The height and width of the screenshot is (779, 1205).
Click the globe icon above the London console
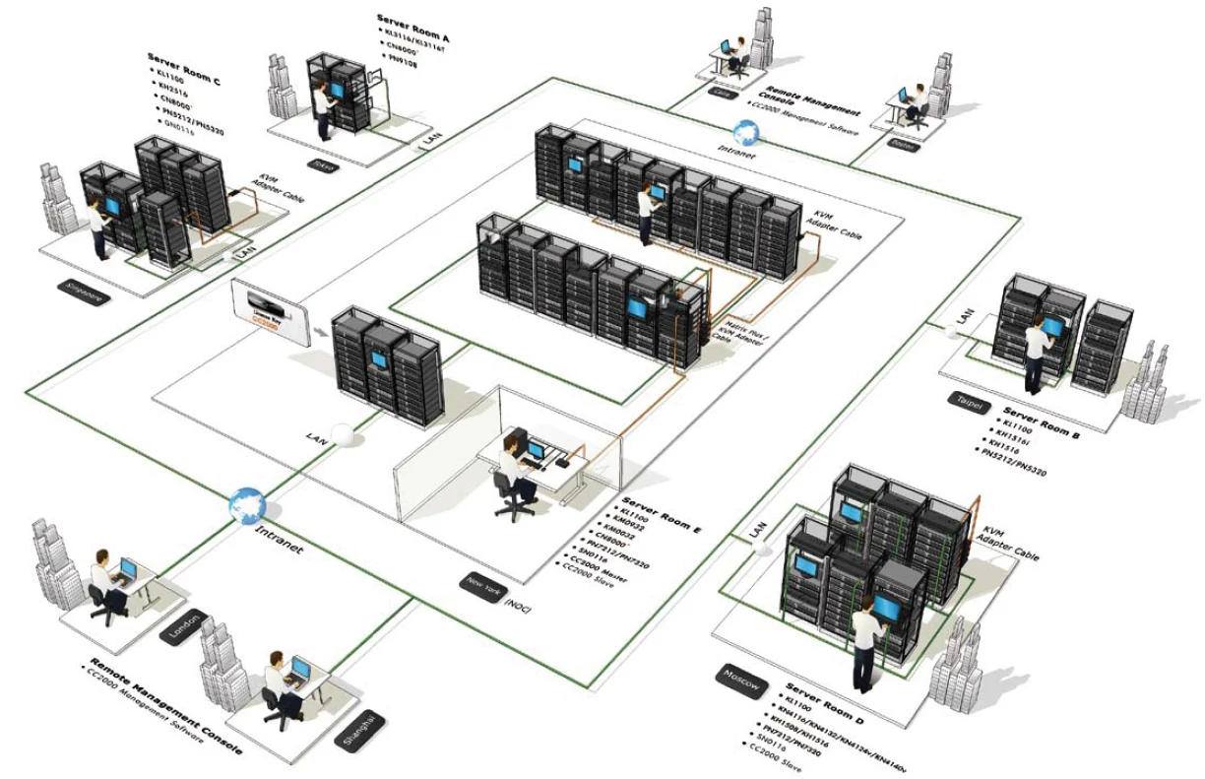(246, 505)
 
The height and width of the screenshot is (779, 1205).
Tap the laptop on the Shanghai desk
(299, 673)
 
